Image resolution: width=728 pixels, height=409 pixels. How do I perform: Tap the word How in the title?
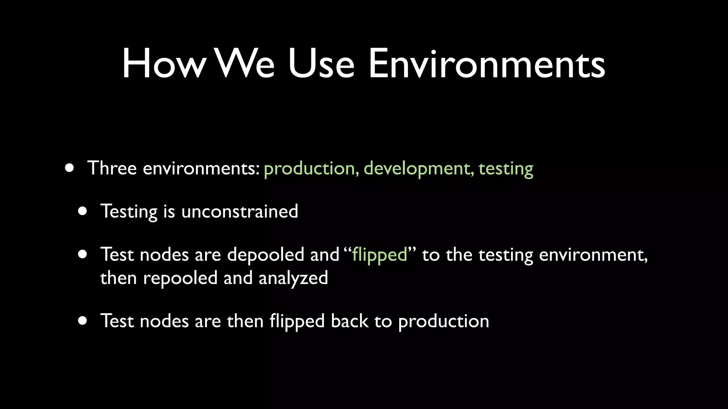click(164, 64)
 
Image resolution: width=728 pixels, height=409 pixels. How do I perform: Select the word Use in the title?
click(321, 64)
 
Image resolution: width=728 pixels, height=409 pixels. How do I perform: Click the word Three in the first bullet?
click(112, 168)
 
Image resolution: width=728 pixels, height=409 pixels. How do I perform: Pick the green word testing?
click(505, 169)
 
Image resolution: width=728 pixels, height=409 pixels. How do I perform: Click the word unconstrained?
click(240, 212)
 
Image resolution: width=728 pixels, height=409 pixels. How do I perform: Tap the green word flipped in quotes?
click(379, 255)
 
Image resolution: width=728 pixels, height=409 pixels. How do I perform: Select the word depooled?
click(266, 255)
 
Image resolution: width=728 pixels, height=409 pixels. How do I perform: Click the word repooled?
click(180, 278)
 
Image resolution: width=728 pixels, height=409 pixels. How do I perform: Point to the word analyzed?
click(293, 278)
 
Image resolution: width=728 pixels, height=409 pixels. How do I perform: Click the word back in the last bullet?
click(349, 321)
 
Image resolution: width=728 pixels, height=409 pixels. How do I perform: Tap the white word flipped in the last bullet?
click(297, 321)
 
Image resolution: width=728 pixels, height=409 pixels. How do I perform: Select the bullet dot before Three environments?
click(70, 168)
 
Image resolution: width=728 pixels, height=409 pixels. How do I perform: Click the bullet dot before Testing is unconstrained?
click(83, 212)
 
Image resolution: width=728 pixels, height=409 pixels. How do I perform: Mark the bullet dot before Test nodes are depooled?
click(83, 255)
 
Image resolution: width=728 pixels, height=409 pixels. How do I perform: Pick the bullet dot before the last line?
click(83, 321)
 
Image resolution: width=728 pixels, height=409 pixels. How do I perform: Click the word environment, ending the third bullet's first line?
click(593, 255)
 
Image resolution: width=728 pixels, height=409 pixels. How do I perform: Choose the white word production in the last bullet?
click(443, 322)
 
